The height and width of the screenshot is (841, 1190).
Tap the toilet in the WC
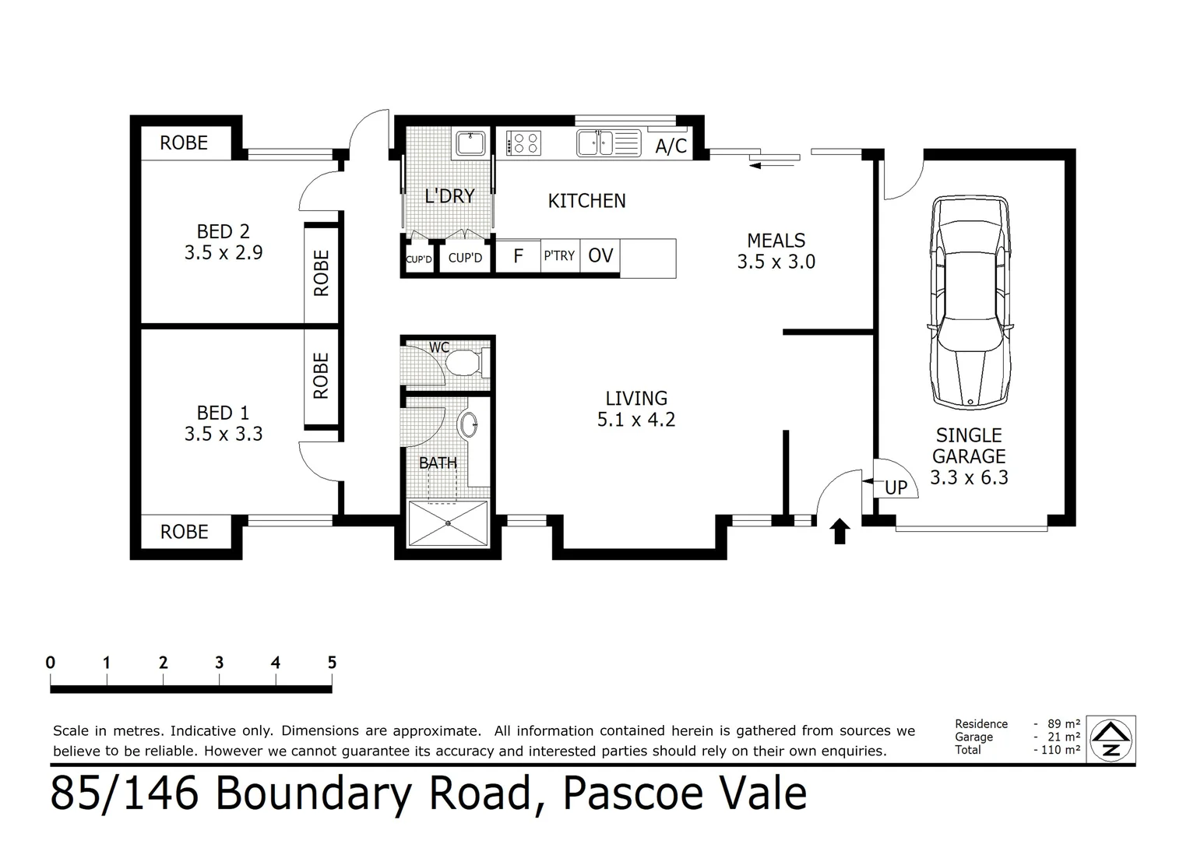tap(468, 363)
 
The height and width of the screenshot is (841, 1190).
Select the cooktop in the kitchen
tap(523, 143)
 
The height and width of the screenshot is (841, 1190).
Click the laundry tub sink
tap(470, 143)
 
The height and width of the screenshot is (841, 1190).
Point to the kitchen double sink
tap(607, 143)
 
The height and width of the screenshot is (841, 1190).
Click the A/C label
tap(671, 146)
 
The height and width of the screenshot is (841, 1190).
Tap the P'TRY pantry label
tap(559, 255)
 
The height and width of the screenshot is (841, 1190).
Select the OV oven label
tap(600, 255)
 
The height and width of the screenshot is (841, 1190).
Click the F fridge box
tap(518, 256)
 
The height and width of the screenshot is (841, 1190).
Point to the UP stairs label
tap(896, 487)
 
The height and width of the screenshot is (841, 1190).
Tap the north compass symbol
tap(1111, 740)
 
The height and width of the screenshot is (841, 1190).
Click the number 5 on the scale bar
tap(332, 663)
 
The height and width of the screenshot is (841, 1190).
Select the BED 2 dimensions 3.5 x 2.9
tap(224, 252)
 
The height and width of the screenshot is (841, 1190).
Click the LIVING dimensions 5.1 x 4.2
tap(635, 420)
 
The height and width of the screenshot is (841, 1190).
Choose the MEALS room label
tap(776, 241)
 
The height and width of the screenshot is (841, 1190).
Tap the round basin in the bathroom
tap(469, 423)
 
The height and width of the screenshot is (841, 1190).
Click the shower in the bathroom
tap(449, 523)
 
